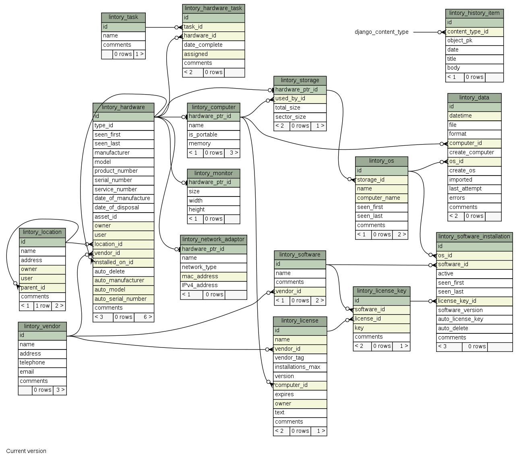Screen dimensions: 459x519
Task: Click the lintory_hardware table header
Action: pos(123,107)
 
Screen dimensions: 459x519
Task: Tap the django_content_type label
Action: pos(381,32)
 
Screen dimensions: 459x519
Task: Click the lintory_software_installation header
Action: pos(474,236)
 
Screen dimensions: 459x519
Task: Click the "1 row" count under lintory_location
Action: pos(42,306)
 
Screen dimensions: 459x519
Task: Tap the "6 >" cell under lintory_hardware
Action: pos(144,317)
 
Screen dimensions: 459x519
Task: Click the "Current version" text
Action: pos(26,451)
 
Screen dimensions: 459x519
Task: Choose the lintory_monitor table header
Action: pos(213,173)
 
